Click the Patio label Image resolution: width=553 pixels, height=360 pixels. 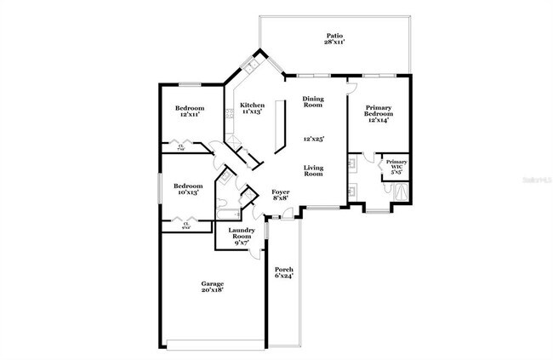(x=334, y=35)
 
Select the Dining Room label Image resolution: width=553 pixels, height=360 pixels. (x=314, y=102)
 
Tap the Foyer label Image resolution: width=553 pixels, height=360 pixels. (x=280, y=193)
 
